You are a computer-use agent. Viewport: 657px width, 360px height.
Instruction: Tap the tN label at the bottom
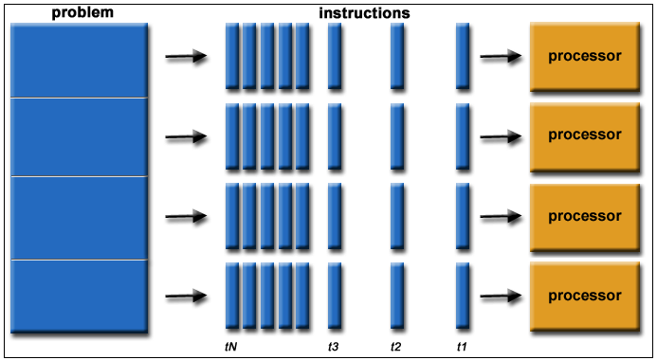pos(230,347)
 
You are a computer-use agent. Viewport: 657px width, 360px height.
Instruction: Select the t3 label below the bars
pos(334,347)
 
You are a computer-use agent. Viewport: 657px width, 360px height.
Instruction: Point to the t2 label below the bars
pos(396,347)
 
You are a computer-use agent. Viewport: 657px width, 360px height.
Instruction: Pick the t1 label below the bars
pos(462,347)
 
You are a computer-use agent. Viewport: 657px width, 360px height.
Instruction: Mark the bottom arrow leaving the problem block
pos(186,297)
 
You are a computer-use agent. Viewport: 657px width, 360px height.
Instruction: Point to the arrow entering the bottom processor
pos(501,297)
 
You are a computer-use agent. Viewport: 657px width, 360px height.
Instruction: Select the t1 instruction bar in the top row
pos(463,56)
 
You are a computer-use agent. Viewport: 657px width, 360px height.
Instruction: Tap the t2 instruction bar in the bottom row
pos(397,296)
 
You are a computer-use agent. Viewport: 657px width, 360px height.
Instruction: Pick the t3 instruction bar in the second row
pos(335,135)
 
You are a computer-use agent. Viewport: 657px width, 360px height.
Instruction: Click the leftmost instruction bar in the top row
pos(232,56)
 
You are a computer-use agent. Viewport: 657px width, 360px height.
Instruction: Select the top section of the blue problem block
pos(79,60)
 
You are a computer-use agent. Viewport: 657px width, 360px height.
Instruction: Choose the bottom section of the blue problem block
pos(79,296)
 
